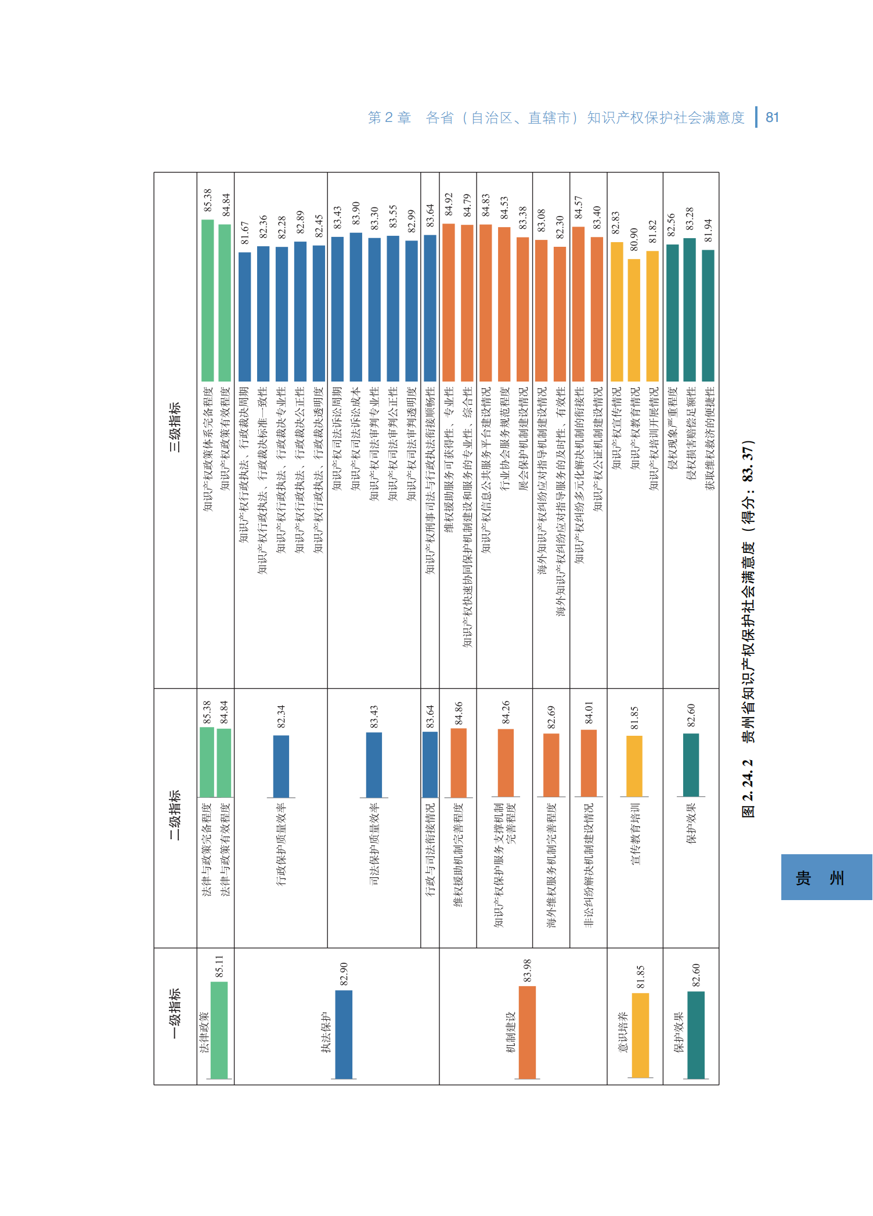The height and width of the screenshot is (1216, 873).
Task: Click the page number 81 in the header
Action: [x=772, y=118]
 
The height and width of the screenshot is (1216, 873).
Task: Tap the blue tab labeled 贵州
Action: [x=826, y=877]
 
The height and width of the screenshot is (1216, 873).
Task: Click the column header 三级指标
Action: [x=175, y=427]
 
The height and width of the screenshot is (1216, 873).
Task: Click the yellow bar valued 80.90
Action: [x=634, y=320]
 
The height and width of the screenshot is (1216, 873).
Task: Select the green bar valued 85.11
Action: [x=219, y=1030]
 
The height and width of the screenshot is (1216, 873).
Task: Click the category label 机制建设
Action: [x=511, y=1032]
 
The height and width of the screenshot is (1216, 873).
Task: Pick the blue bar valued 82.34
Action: [x=281, y=767]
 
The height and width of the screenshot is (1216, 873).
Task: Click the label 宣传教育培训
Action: [x=635, y=834]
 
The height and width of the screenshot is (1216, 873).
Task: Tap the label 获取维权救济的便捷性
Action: [x=709, y=438]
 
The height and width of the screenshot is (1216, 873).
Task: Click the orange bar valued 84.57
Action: [x=578, y=304]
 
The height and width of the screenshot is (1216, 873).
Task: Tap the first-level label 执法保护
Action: [x=326, y=1032]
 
